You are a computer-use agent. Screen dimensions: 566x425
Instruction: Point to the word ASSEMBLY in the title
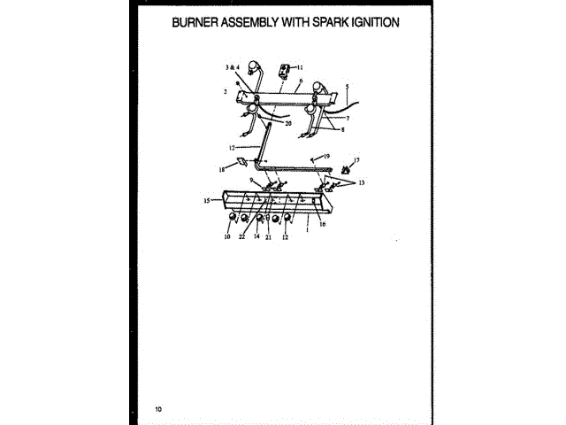258,22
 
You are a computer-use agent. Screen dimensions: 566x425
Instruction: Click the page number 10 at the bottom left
157,409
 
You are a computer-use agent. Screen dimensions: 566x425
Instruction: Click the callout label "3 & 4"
232,67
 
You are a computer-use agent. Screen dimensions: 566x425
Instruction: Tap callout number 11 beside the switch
299,67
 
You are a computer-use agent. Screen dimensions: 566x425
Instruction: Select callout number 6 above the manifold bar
301,81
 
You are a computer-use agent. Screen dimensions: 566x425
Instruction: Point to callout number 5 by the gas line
348,86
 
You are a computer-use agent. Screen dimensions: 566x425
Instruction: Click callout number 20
288,124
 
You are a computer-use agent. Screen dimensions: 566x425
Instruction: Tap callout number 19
326,156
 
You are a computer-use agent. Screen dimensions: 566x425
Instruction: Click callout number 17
356,160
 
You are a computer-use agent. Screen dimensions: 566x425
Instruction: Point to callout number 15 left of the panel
207,201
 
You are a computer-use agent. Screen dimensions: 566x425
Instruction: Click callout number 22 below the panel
241,237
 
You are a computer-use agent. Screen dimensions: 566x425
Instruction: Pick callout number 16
322,225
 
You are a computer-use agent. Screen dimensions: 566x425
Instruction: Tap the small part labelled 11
286,67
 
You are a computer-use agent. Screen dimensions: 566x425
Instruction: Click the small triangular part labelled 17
345,167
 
